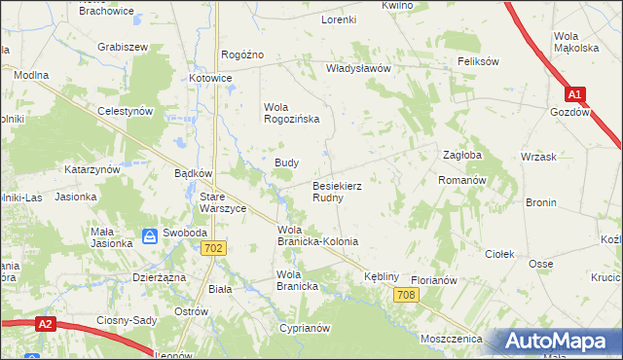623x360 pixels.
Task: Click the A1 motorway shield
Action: coord(575,94)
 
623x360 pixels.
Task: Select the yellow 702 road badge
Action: coord(216,249)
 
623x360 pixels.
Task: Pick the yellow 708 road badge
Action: coord(408,295)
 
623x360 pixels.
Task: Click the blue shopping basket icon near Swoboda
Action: coord(150,235)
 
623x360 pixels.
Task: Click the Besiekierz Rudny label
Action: coord(339,191)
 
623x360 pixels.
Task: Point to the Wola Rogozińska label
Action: coord(292,113)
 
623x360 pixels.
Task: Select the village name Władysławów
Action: coord(357,69)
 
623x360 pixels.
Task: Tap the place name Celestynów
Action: coord(127,112)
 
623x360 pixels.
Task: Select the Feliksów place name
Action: coord(478,60)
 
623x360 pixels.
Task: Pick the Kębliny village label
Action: coord(382,277)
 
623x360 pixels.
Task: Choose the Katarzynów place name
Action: coord(92,169)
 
